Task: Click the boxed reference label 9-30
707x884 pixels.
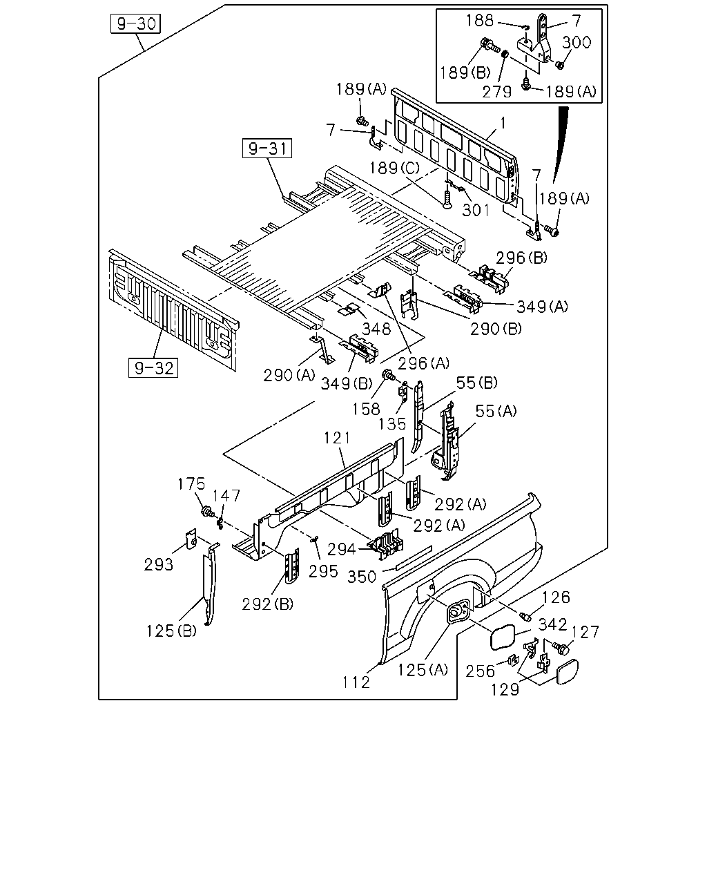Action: coord(135,23)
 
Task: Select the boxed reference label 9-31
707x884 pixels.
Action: coord(267,148)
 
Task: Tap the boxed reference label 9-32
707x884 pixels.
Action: coord(153,367)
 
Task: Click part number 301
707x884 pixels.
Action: coord(476,211)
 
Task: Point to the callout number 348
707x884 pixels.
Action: coord(376,329)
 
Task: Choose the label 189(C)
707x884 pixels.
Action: coord(395,169)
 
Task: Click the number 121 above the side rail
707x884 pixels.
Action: coord(337,439)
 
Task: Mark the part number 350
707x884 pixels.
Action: coord(362,577)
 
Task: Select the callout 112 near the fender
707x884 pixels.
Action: coord(356,682)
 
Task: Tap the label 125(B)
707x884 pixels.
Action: coord(172,631)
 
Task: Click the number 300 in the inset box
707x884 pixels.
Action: coord(577,42)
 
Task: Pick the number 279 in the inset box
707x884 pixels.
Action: coord(497,92)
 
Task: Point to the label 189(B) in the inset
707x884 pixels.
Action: coord(465,73)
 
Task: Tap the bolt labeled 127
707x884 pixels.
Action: coord(561,648)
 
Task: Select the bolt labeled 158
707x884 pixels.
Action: coord(388,374)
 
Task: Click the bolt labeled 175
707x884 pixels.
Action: coord(206,512)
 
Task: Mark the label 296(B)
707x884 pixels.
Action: coord(522,258)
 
